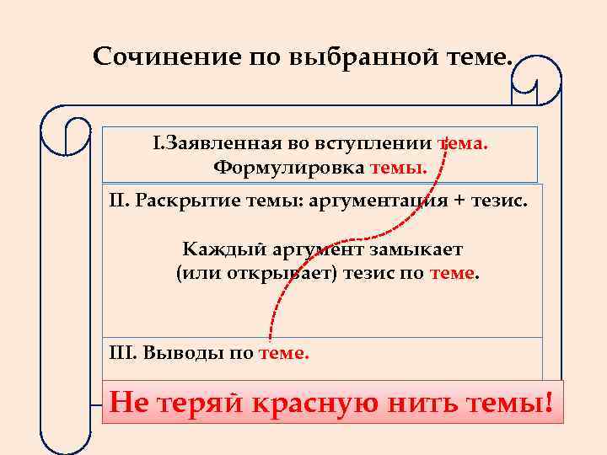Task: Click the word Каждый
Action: point(214,250)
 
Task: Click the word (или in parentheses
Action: point(193,274)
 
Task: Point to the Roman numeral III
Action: point(121,353)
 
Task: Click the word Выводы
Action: point(177,353)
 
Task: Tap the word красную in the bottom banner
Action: point(324,403)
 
